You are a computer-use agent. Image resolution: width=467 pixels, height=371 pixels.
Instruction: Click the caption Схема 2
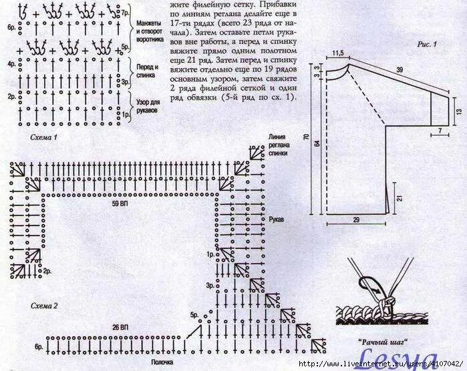[45, 305]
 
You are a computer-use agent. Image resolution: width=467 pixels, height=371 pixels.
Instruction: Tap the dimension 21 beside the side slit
[399, 197]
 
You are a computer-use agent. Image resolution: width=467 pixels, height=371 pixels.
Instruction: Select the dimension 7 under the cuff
[440, 127]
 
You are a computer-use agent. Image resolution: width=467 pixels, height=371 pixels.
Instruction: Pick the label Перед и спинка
[148, 72]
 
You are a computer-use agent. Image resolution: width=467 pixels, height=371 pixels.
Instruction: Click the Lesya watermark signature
[399, 358]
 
